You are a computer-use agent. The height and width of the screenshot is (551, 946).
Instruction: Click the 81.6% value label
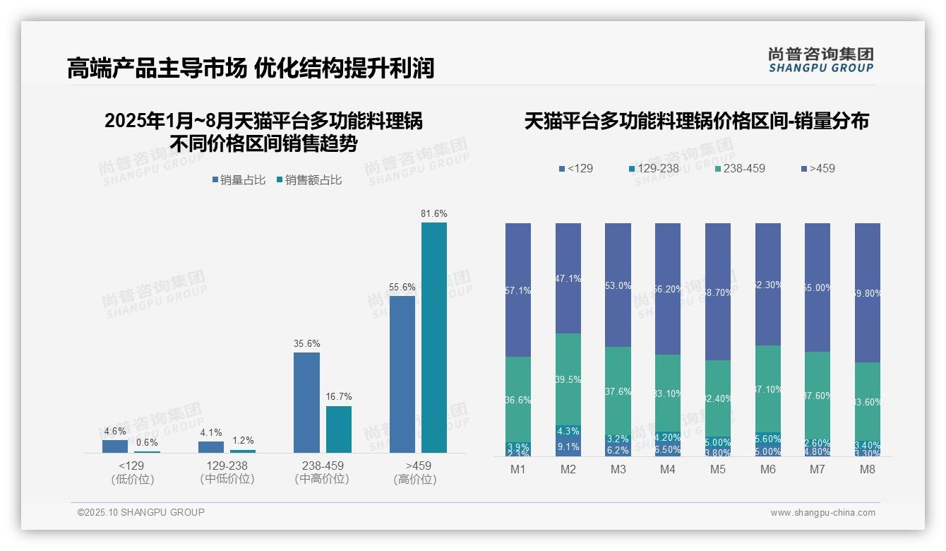(x=433, y=213)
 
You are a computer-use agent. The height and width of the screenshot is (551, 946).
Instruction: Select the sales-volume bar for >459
(x=402, y=374)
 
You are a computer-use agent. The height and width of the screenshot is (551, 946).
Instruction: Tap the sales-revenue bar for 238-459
(x=338, y=429)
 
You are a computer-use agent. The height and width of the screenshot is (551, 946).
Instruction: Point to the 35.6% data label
(x=306, y=343)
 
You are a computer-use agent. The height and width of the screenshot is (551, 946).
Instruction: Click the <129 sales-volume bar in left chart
(x=115, y=446)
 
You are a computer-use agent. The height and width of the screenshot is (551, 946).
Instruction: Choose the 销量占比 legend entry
(x=238, y=180)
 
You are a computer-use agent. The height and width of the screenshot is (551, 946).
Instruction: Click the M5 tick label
(x=718, y=470)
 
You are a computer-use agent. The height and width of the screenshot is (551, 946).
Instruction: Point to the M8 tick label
(x=868, y=470)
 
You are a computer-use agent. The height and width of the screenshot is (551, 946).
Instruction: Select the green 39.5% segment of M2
(x=568, y=379)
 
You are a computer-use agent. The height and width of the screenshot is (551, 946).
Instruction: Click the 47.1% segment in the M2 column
(x=568, y=278)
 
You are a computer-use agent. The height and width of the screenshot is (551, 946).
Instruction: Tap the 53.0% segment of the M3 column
(x=618, y=285)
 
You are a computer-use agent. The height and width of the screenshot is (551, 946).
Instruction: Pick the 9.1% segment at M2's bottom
(x=568, y=446)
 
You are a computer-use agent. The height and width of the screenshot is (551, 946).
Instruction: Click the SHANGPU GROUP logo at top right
(x=820, y=60)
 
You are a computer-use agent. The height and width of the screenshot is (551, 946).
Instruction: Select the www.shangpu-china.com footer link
(x=822, y=513)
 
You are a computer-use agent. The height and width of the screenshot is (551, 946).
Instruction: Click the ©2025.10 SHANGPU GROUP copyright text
(x=141, y=512)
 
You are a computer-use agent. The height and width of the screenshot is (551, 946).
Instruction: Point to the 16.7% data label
(x=338, y=396)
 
